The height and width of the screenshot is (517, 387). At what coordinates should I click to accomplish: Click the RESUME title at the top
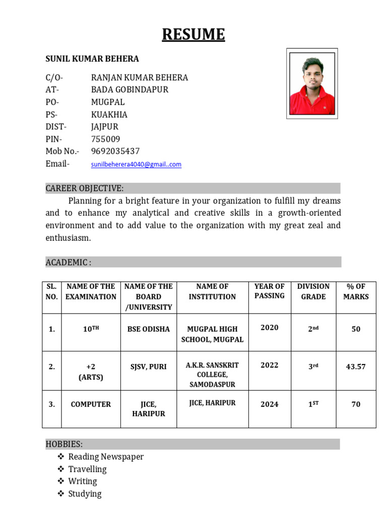point(193,34)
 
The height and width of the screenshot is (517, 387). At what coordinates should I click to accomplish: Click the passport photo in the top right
point(312,83)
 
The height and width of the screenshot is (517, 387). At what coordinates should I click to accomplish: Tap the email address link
point(136,165)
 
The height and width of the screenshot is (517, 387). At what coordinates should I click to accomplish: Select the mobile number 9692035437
point(115,151)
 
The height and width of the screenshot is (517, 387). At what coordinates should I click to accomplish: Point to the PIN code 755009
point(105,139)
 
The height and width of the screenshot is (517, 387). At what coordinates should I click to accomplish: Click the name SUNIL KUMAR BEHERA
point(92,59)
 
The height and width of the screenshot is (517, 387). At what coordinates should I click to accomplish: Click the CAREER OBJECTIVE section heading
point(84,188)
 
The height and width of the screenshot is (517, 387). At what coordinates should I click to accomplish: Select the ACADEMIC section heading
point(69,262)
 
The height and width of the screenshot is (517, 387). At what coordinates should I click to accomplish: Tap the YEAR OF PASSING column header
point(269,291)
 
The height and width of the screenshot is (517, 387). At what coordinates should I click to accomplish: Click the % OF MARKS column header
point(356,291)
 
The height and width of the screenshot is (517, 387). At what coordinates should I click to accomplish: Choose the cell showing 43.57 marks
point(356,367)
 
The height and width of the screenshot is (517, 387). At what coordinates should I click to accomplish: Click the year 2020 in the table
point(269,328)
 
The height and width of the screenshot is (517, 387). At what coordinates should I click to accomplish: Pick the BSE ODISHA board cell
point(148,329)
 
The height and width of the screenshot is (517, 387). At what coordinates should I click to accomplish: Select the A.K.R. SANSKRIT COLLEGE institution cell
point(212,375)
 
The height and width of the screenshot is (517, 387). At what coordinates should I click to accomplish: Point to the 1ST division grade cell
point(313,404)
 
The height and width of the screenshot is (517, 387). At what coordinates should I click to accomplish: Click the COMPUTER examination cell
point(91,404)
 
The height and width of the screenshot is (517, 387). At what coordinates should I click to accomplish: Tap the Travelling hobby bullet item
point(87,469)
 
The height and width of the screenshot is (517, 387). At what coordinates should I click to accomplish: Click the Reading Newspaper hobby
point(106,457)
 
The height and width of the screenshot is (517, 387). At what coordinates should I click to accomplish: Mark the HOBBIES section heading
point(64,444)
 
